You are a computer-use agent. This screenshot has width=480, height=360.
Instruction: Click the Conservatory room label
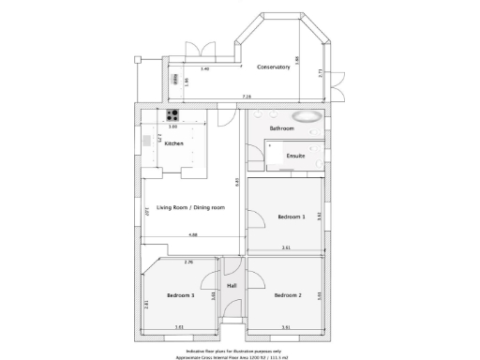pos(274,67)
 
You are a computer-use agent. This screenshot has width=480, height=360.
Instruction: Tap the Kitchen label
pos(173,143)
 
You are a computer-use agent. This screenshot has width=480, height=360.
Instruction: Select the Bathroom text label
pos(281,128)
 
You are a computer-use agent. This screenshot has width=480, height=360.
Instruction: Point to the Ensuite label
pos(295,155)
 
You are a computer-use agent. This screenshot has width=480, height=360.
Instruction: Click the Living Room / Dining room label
pos(190,207)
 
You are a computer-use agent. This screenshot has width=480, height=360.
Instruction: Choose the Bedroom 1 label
pos(291,217)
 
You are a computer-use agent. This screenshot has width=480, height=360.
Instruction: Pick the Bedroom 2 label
pos(287,295)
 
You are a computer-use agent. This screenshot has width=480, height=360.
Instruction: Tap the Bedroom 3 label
pos(180,295)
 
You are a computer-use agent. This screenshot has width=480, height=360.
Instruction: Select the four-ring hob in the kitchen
pos(173,116)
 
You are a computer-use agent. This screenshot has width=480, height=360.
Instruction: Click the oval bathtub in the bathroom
pos(307,118)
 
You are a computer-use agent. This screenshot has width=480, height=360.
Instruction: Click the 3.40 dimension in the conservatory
pos(204,68)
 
